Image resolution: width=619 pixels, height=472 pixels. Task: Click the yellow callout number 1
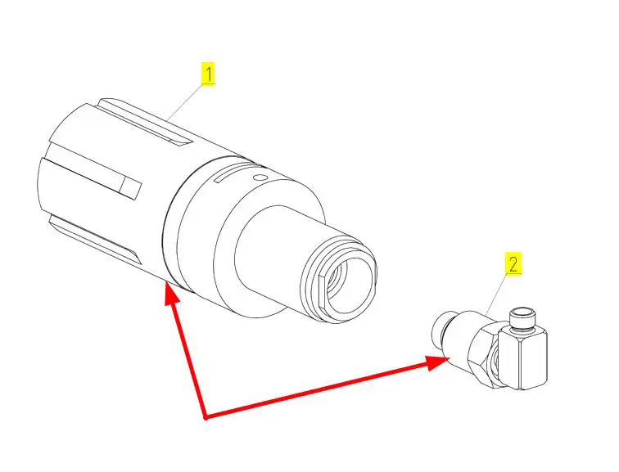[x=208, y=74]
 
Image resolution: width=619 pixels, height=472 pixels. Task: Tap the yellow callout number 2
[x=513, y=263]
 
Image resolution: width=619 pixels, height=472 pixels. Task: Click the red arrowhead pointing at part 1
[x=171, y=293]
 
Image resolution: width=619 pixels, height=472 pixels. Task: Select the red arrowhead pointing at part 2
[x=437, y=362]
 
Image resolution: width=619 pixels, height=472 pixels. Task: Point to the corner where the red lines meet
[x=205, y=417]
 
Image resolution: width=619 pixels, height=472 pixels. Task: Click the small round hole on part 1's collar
[x=260, y=178]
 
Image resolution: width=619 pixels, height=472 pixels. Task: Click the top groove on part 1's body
[x=145, y=123]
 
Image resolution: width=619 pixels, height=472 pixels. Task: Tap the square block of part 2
[x=522, y=358]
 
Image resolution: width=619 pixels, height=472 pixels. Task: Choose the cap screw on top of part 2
[x=522, y=318]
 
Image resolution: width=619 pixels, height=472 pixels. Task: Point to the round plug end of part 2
[x=441, y=327]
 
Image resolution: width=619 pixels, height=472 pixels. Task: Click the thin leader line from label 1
[x=187, y=102]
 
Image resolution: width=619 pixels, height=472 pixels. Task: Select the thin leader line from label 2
[x=496, y=294]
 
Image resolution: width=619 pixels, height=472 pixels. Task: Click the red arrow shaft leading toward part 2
[x=316, y=390]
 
